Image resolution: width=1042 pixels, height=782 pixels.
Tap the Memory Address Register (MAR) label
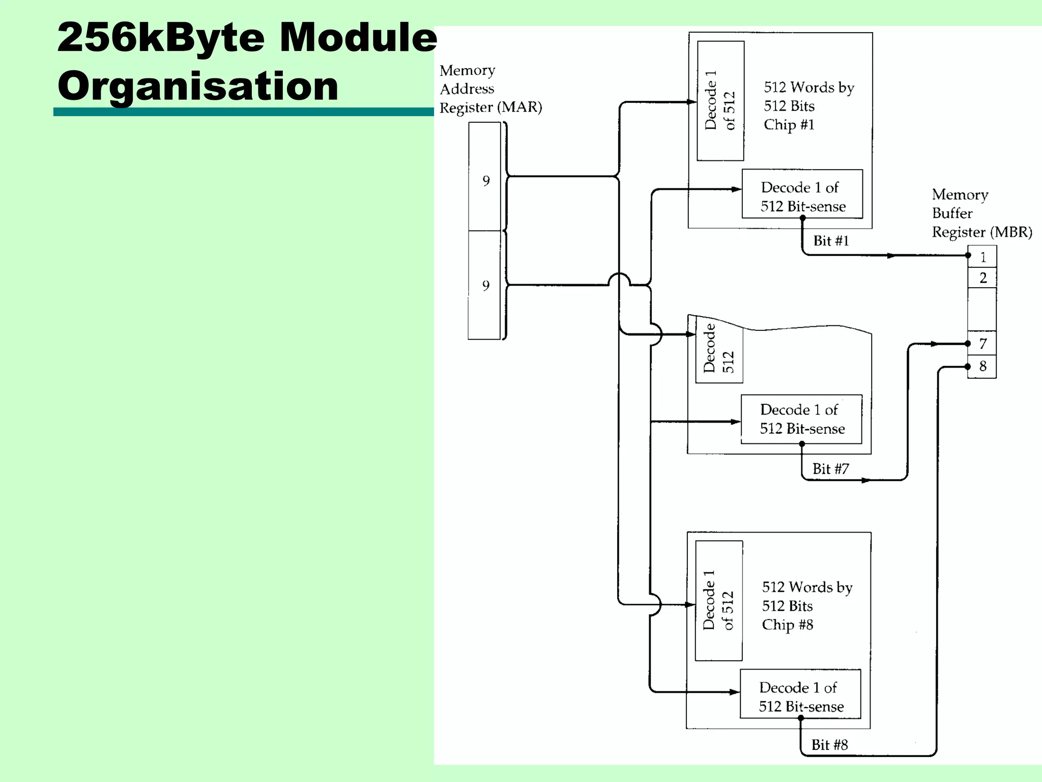click(x=490, y=89)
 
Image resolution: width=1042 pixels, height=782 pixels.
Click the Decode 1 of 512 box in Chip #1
click(x=720, y=101)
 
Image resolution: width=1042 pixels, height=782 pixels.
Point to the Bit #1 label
click(x=831, y=241)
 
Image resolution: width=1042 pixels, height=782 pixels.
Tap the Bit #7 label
click(x=830, y=469)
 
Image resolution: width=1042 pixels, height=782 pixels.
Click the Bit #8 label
click(x=829, y=745)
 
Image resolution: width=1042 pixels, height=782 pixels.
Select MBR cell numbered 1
click(x=982, y=257)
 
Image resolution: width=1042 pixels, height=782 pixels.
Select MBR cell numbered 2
click(x=982, y=278)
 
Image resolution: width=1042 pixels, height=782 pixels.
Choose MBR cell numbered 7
click(x=982, y=344)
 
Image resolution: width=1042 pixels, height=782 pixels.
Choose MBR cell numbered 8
click(x=982, y=366)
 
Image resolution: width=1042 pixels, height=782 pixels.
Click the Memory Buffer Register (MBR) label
click(x=981, y=213)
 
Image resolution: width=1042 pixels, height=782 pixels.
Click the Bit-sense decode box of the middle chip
click(x=802, y=419)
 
